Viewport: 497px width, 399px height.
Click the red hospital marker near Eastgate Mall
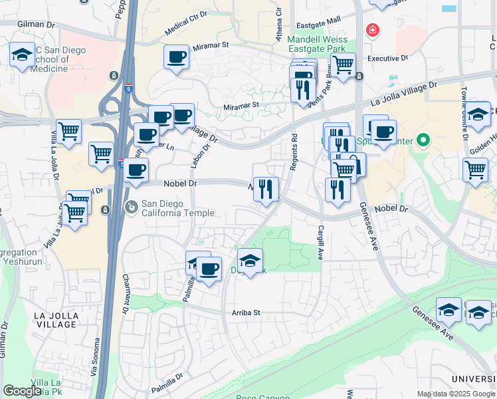[x=372, y=31]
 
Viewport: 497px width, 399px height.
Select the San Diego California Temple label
[x=171, y=208]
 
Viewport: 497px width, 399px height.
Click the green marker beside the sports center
[x=421, y=140]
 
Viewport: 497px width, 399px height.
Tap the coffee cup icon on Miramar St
[x=176, y=57]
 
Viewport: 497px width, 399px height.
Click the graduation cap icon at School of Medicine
[x=23, y=55]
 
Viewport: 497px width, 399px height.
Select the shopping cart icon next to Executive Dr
[x=343, y=65]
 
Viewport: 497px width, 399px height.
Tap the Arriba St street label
[x=246, y=313]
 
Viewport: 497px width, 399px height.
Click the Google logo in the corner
[x=22, y=391]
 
